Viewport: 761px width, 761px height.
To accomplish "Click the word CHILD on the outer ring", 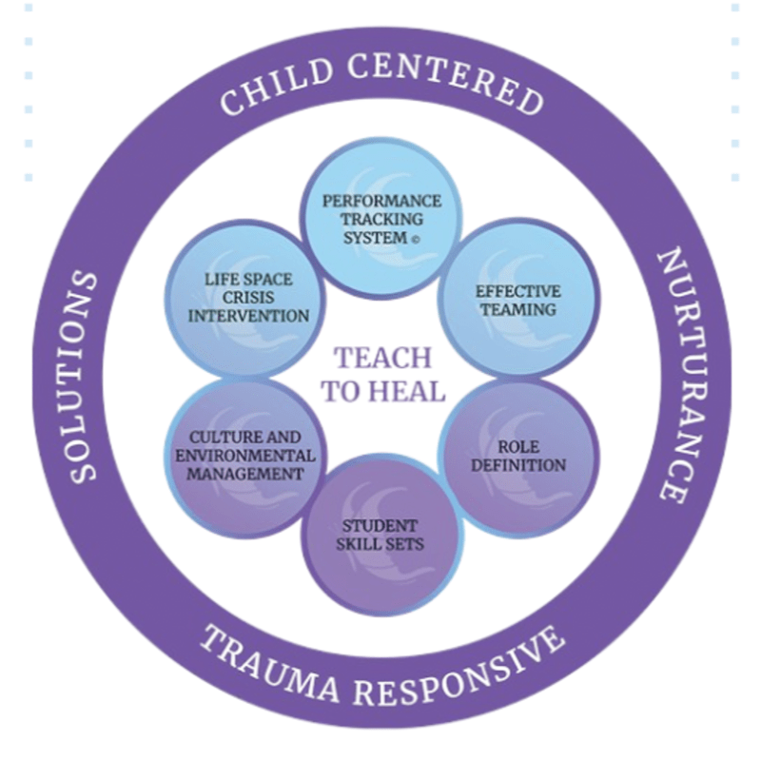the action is point(278,88).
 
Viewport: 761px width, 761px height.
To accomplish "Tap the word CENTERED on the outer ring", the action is point(445,79).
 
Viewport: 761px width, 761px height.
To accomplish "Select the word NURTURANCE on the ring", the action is point(679,376).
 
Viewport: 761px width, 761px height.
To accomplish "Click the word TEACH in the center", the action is point(383,359).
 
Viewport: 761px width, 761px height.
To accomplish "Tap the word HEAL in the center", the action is point(409,391).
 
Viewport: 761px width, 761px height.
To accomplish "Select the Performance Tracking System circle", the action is point(381,219).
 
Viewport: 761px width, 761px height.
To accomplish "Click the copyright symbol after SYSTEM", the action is point(415,240).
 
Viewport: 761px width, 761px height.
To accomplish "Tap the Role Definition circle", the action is point(518,457).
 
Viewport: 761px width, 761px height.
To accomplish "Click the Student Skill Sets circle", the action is point(381,536).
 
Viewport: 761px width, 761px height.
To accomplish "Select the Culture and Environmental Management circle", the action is point(245,457).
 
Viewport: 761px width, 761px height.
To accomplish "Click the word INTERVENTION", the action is point(248,316).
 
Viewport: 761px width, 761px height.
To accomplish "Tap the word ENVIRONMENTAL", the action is point(245,457).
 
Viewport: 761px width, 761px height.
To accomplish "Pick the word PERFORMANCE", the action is point(382,201).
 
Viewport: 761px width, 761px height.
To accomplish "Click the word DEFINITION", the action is point(518,465).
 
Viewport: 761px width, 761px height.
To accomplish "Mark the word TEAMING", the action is point(518,310).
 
